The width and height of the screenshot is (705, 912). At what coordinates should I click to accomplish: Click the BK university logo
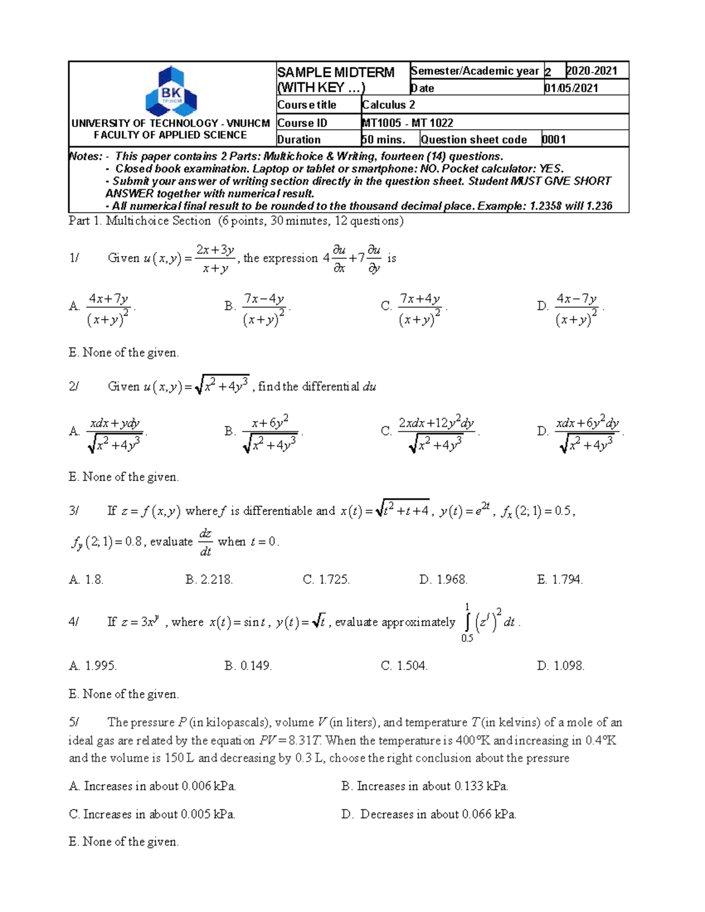point(171,92)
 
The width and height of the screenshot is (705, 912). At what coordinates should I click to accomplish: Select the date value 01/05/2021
point(571,88)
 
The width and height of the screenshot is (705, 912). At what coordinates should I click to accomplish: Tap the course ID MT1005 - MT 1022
point(407,123)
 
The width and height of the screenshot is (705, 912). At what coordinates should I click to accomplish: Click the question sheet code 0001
point(553,140)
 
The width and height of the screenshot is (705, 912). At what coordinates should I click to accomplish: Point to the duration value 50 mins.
point(384,140)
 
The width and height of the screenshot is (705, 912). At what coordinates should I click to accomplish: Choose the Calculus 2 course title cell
point(388,105)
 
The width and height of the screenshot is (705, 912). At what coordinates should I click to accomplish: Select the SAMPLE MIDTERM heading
point(335,72)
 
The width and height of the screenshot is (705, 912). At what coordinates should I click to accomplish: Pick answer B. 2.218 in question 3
point(209,580)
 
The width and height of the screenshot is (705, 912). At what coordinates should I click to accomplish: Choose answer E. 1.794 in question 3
point(559,580)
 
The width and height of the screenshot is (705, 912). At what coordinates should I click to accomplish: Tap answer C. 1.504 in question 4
point(404,666)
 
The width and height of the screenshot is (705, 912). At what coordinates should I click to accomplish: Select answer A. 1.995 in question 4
point(93,666)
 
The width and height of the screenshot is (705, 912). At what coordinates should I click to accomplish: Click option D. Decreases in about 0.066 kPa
point(429,815)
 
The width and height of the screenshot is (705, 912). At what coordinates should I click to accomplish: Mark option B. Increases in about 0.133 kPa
point(425,786)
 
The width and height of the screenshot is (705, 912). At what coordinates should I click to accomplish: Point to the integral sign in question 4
point(467,622)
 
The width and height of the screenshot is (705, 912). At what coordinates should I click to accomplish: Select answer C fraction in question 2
point(436,433)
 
